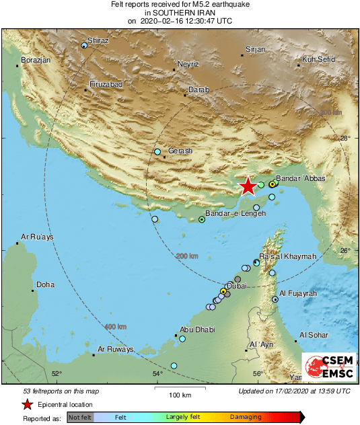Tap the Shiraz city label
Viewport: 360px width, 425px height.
98,41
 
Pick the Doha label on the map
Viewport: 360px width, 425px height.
45,284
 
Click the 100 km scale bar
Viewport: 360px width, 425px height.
180,387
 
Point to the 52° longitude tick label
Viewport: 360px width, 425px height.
57,374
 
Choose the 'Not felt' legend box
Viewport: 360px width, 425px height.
80,418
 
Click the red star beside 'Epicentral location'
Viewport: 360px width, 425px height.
27,405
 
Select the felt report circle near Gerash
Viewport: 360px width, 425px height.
157,152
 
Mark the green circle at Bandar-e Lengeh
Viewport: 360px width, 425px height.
202,219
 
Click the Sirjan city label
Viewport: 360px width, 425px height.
255,50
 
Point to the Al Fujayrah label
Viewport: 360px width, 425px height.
297,293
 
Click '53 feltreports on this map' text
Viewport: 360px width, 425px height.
61,391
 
